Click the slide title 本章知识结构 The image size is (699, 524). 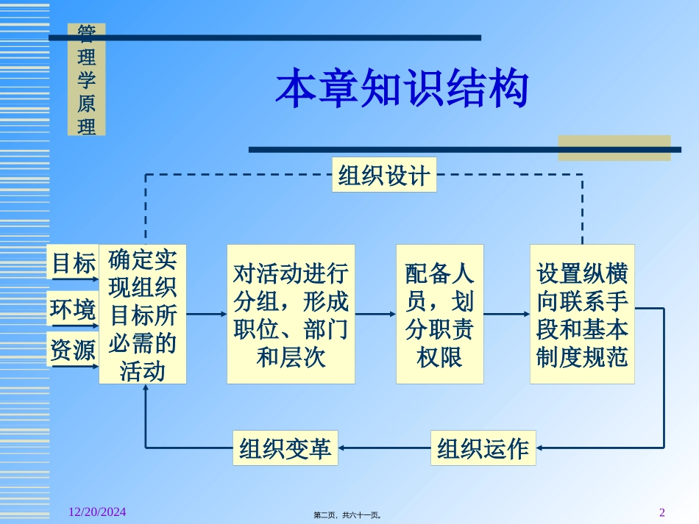(402, 90)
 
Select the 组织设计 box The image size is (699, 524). (383, 175)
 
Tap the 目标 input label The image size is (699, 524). (73, 262)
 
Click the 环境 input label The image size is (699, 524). (73, 309)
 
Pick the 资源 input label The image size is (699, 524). (73, 351)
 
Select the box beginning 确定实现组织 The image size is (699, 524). (143, 314)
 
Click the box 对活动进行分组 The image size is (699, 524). (291, 314)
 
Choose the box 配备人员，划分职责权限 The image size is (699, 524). (439, 314)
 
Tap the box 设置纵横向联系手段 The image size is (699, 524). (582, 314)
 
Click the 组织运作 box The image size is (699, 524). (483, 448)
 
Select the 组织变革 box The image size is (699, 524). (285, 448)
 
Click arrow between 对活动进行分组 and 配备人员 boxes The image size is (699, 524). (375, 314)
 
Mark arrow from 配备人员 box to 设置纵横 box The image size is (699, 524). (507, 314)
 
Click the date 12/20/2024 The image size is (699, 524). (92, 512)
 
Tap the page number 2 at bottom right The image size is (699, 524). (661, 512)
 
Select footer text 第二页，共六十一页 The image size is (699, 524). (347, 515)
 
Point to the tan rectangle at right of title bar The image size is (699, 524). (614, 147)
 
